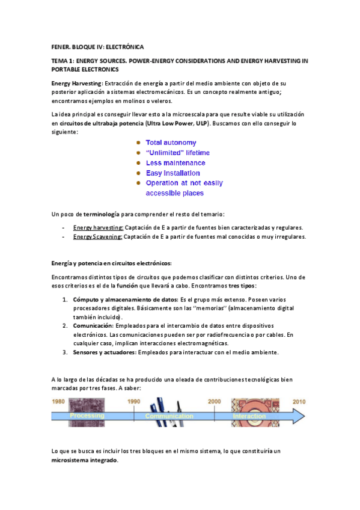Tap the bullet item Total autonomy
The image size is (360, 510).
[x=171, y=143]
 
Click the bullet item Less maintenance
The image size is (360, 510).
[x=175, y=163]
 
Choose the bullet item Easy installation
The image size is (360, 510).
[x=173, y=173]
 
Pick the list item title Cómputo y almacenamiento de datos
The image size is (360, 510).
[x=125, y=299]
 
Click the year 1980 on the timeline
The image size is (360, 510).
[x=58, y=401]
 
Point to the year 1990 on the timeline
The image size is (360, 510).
[x=134, y=401]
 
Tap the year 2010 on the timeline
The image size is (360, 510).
[x=299, y=401]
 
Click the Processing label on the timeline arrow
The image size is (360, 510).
[x=87, y=416]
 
